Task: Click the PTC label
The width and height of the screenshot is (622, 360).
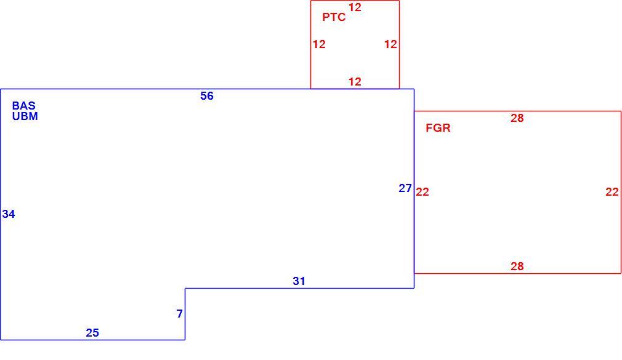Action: pos(334,17)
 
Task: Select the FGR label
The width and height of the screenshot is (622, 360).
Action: pos(438,127)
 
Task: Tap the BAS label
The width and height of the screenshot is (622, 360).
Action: pos(24,105)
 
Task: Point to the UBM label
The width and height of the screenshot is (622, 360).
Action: pos(25,116)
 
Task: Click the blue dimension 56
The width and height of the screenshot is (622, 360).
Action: pos(207,95)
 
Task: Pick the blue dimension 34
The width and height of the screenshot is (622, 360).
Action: pos(9,214)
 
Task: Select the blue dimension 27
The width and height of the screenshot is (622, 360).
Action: pos(405,188)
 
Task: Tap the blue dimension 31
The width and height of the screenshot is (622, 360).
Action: pos(299,281)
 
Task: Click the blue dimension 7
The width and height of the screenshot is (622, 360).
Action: pos(180,314)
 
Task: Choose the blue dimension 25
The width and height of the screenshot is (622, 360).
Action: pos(92,333)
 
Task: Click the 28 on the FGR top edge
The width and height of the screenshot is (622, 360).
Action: pos(517,118)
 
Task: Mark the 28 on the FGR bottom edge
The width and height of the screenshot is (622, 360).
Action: pos(517,266)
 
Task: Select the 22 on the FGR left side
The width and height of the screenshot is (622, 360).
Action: pos(422,192)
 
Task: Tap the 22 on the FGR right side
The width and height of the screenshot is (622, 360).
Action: pos(612,192)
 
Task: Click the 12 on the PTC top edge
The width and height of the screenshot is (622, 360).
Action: pos(355,7)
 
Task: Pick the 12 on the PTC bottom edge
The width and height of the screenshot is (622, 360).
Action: pos(355,82)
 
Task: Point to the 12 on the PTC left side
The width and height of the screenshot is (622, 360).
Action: pos(320,44)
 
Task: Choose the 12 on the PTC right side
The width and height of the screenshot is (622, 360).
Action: pos(390,44)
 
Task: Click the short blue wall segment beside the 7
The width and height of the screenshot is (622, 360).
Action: pos(185,314)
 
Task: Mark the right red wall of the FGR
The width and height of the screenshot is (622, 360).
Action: pos(621,192)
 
